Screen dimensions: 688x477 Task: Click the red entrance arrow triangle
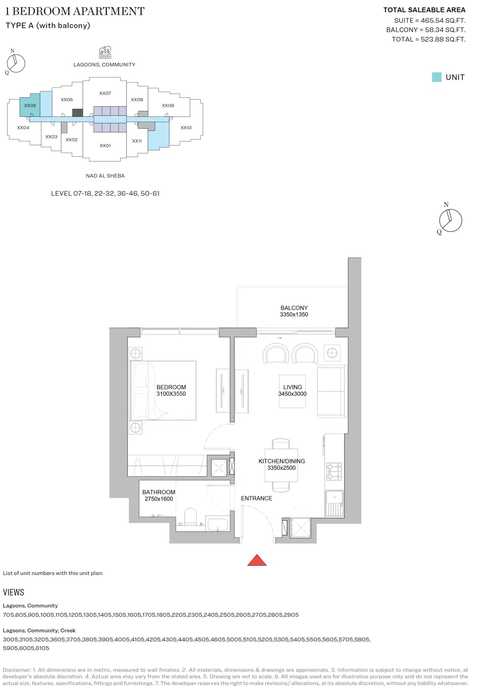[257, 560]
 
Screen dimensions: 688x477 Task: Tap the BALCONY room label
[294, 308]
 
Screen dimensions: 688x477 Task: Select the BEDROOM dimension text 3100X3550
[171, 394]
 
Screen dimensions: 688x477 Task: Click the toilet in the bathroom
[191, 516]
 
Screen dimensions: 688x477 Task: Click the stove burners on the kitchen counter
[334, 471]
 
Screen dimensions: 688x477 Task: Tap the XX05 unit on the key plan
[30, 105]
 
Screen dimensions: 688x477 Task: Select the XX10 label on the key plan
[186, 128]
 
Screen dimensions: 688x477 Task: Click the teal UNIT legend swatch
[436, 77]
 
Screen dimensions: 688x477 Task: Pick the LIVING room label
[293, 387]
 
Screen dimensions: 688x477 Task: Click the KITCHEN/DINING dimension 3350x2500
[281, 468]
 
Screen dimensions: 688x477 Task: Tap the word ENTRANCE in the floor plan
[256, 498]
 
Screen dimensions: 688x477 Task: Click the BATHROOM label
[159, 492]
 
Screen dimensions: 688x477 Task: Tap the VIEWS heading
[14, 593]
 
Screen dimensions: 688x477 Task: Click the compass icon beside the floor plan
[450, 220]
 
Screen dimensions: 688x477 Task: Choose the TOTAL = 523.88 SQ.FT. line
[429, 39]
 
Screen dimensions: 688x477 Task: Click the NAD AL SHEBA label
[105, 176]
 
